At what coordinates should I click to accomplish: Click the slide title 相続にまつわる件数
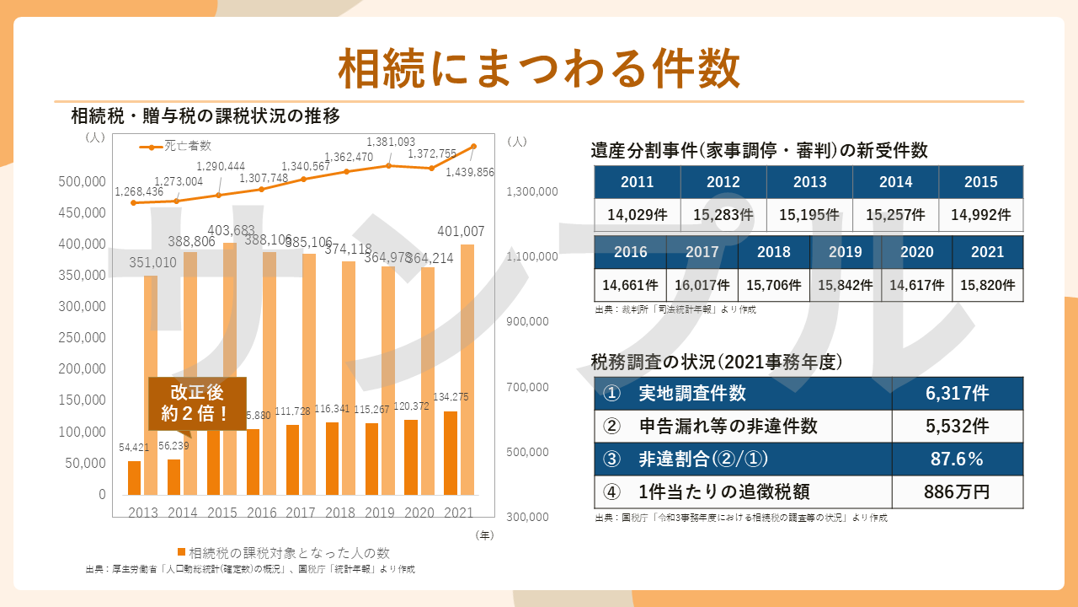pos(539,67)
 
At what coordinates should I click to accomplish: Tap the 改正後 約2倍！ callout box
pos(197,403)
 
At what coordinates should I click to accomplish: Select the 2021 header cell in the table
pos(987,252)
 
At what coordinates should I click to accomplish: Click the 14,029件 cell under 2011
pos(638,215)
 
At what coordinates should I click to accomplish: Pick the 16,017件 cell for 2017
pos(702,285)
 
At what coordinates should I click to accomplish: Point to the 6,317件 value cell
pos(957,394)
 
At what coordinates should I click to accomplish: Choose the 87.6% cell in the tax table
pos(957,459)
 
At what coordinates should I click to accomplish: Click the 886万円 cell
pos(957,492)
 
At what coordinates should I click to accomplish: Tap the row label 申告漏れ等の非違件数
pos(728,427)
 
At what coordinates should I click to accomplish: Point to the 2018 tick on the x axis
pos(340,512)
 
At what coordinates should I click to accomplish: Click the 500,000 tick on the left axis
pos(82,181)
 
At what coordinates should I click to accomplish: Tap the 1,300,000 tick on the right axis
pos(531,192)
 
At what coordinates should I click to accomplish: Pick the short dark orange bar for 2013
pos(134,477)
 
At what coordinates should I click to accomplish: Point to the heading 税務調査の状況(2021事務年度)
pos(717,363)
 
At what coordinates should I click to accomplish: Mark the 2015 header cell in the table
pos(980,182)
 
